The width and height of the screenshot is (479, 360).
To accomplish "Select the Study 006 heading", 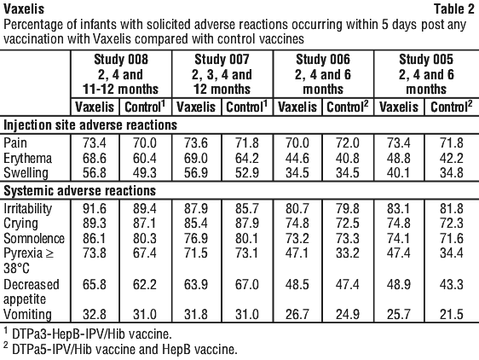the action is click(x=323, y=60).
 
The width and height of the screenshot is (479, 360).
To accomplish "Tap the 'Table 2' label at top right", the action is click(x=454, y=9).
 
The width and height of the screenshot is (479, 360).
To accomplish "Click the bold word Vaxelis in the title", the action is click(x=24, y=9).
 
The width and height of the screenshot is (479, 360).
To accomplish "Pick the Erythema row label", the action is click(x=27, y=159).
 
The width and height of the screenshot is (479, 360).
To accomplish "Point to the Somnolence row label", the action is click(x=34, y=238).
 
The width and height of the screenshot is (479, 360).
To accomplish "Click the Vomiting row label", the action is click(x=27, y=315).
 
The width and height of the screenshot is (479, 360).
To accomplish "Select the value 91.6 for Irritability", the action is click(x=95, y=209).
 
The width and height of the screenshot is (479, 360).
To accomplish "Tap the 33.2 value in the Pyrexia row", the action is click(x=348, y=253).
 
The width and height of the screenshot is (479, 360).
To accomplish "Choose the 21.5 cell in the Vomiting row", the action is click(x=452, y=315).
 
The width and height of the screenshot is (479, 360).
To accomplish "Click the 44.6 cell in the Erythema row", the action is click(x=297, y=159).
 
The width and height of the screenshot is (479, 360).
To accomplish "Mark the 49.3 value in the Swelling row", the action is click(x=145, y=173).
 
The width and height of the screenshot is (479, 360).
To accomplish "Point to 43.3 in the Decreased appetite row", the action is click(x=452, y=284).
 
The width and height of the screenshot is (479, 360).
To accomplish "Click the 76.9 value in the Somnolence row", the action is click(x=196, y=238).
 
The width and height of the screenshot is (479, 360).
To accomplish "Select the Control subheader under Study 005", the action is click(x=451, y=107).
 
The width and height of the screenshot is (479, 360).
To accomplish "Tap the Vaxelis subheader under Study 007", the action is click(x=196, y=107).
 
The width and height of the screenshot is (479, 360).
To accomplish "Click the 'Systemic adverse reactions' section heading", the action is click(x=80, y=191).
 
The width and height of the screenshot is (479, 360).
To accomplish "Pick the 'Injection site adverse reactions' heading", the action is click(x=90, y=125).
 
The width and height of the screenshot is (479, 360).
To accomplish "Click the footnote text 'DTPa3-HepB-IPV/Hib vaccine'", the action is click(x=92, y=334).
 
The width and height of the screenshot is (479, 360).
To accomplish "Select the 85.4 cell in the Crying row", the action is click(x=196, y=224).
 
